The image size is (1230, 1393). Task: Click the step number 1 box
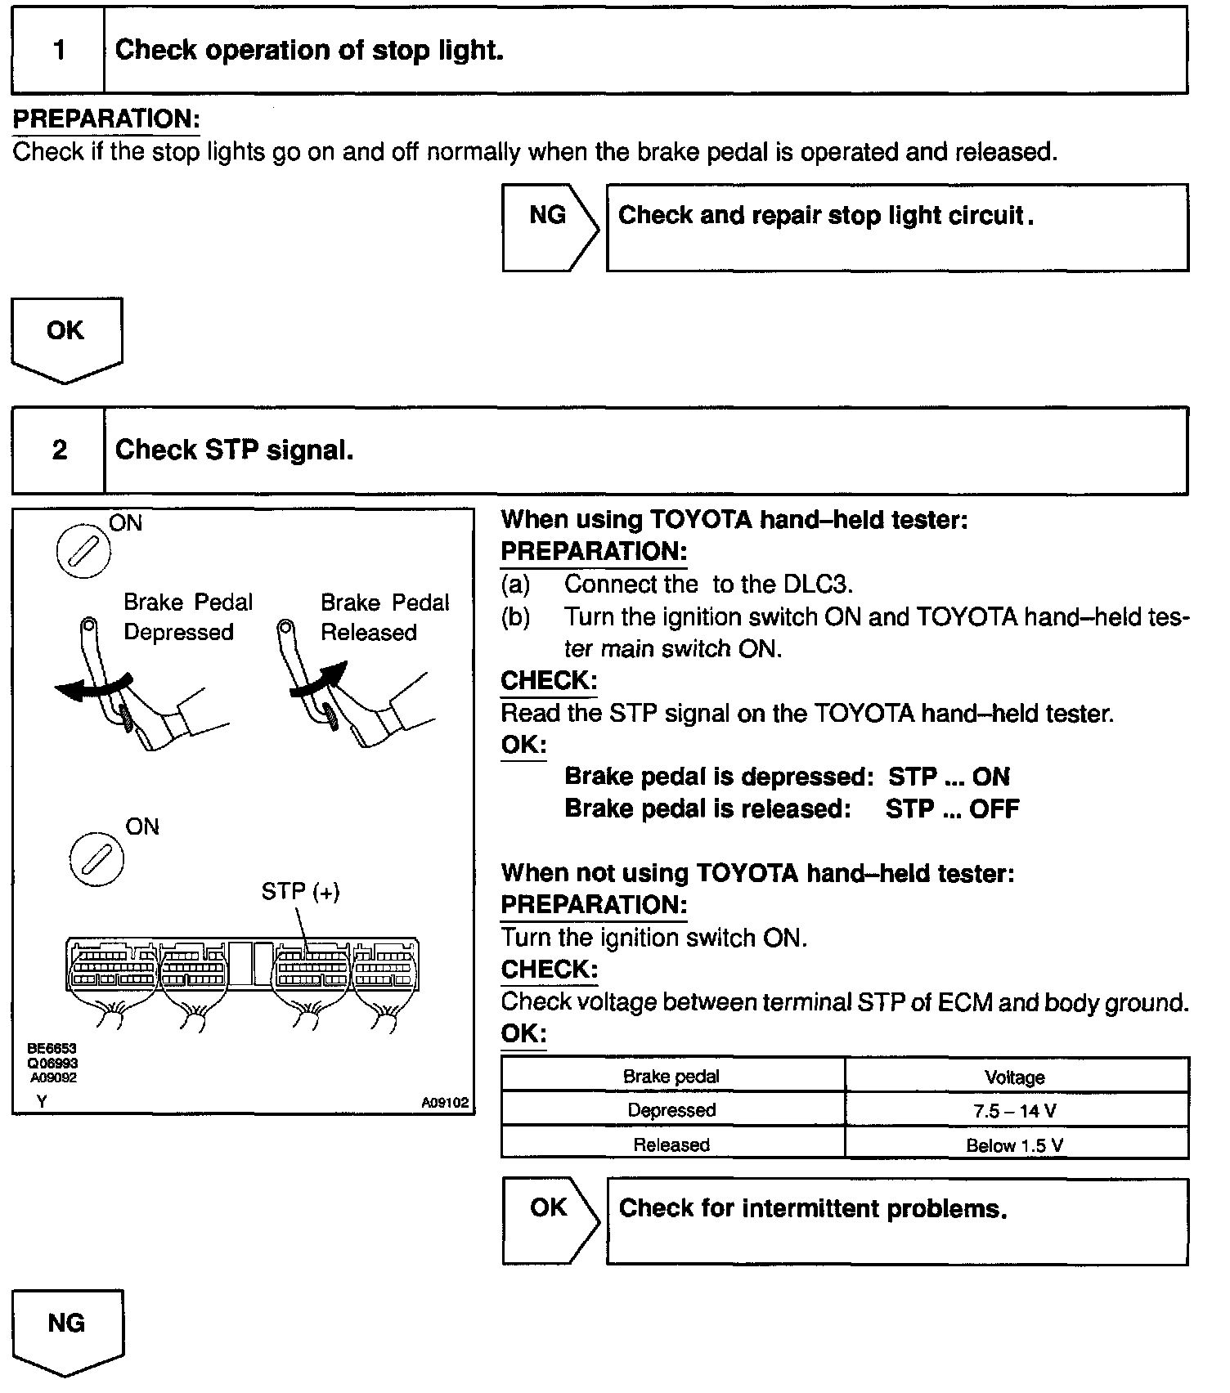58,51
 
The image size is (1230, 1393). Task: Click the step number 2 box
58,450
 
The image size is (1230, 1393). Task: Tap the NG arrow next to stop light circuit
549,226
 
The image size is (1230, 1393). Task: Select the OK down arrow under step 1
66,337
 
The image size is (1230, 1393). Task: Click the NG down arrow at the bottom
67,1329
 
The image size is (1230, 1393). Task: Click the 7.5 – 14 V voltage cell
1015,1110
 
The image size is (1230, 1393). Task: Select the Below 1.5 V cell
1015,1144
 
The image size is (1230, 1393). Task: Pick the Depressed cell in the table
671,1110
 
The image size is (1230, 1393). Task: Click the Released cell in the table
671,1144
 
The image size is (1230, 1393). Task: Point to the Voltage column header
1015,1077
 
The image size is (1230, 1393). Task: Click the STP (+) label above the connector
300,891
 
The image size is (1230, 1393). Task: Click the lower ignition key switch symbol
97,858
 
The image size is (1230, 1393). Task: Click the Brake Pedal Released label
384,617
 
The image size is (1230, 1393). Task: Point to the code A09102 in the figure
445,1102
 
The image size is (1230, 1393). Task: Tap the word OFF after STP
994,809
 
